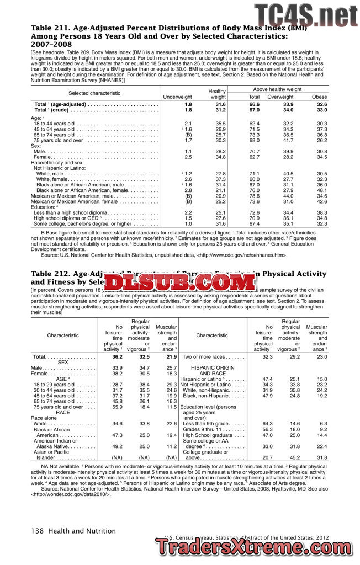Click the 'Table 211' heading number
click(50, 28)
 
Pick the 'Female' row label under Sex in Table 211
click(43, 157)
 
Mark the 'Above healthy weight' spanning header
click(277, 89)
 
